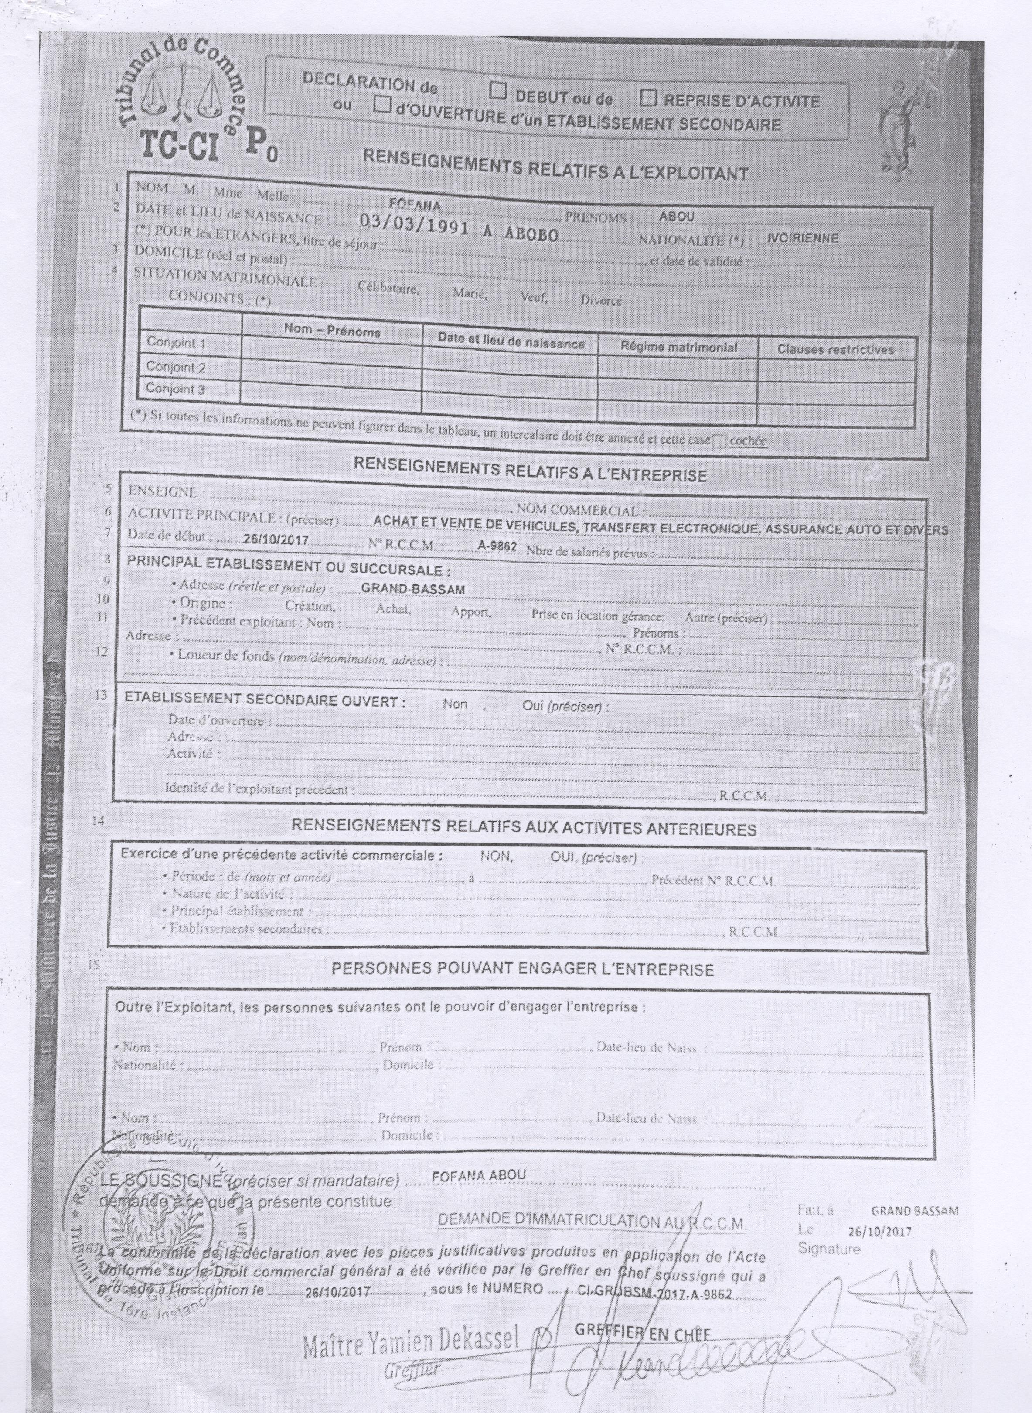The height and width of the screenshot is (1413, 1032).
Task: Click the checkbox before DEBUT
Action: [497, 91]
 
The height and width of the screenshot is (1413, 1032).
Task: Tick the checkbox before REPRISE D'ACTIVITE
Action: [649, 98]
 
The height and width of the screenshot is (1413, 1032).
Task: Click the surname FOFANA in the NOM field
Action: [415, 205]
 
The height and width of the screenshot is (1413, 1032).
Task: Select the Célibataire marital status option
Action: [387, 289]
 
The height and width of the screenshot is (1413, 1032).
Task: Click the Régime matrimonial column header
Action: [678, 347]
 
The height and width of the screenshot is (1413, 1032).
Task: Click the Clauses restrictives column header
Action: [835, 349]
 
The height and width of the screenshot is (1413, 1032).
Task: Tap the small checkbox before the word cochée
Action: [719, 440]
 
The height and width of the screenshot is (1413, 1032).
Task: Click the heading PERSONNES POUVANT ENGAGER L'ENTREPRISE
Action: [522, 969]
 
